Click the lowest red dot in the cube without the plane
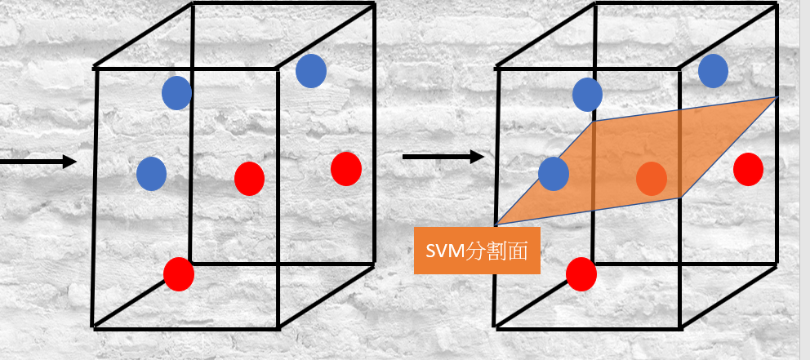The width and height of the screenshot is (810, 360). coord(179,273)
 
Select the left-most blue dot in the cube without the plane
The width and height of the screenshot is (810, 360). coord(152,173)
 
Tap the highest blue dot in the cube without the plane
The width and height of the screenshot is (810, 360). coord(311,71)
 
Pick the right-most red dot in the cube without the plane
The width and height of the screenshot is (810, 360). coord(346,168)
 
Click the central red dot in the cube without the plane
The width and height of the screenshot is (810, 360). coord(249,178)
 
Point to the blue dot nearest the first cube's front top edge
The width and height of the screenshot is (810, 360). coord(176,93)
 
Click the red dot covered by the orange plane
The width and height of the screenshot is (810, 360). coord(652,178)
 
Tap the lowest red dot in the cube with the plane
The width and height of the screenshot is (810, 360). coord(581,274)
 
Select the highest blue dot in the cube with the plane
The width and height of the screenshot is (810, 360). coord(714,70)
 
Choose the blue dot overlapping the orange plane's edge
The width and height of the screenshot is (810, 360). coord(554,174)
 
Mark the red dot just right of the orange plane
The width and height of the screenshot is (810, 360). coord(748,169)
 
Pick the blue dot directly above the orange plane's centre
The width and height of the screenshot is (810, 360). coord(587,95)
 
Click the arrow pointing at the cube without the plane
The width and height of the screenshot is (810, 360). coord(37,162)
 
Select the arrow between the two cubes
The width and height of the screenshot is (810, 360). coord(443,156)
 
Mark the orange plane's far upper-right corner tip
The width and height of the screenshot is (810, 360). coord(776,98)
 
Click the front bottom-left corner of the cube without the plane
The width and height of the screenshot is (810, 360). coord(95,327)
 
